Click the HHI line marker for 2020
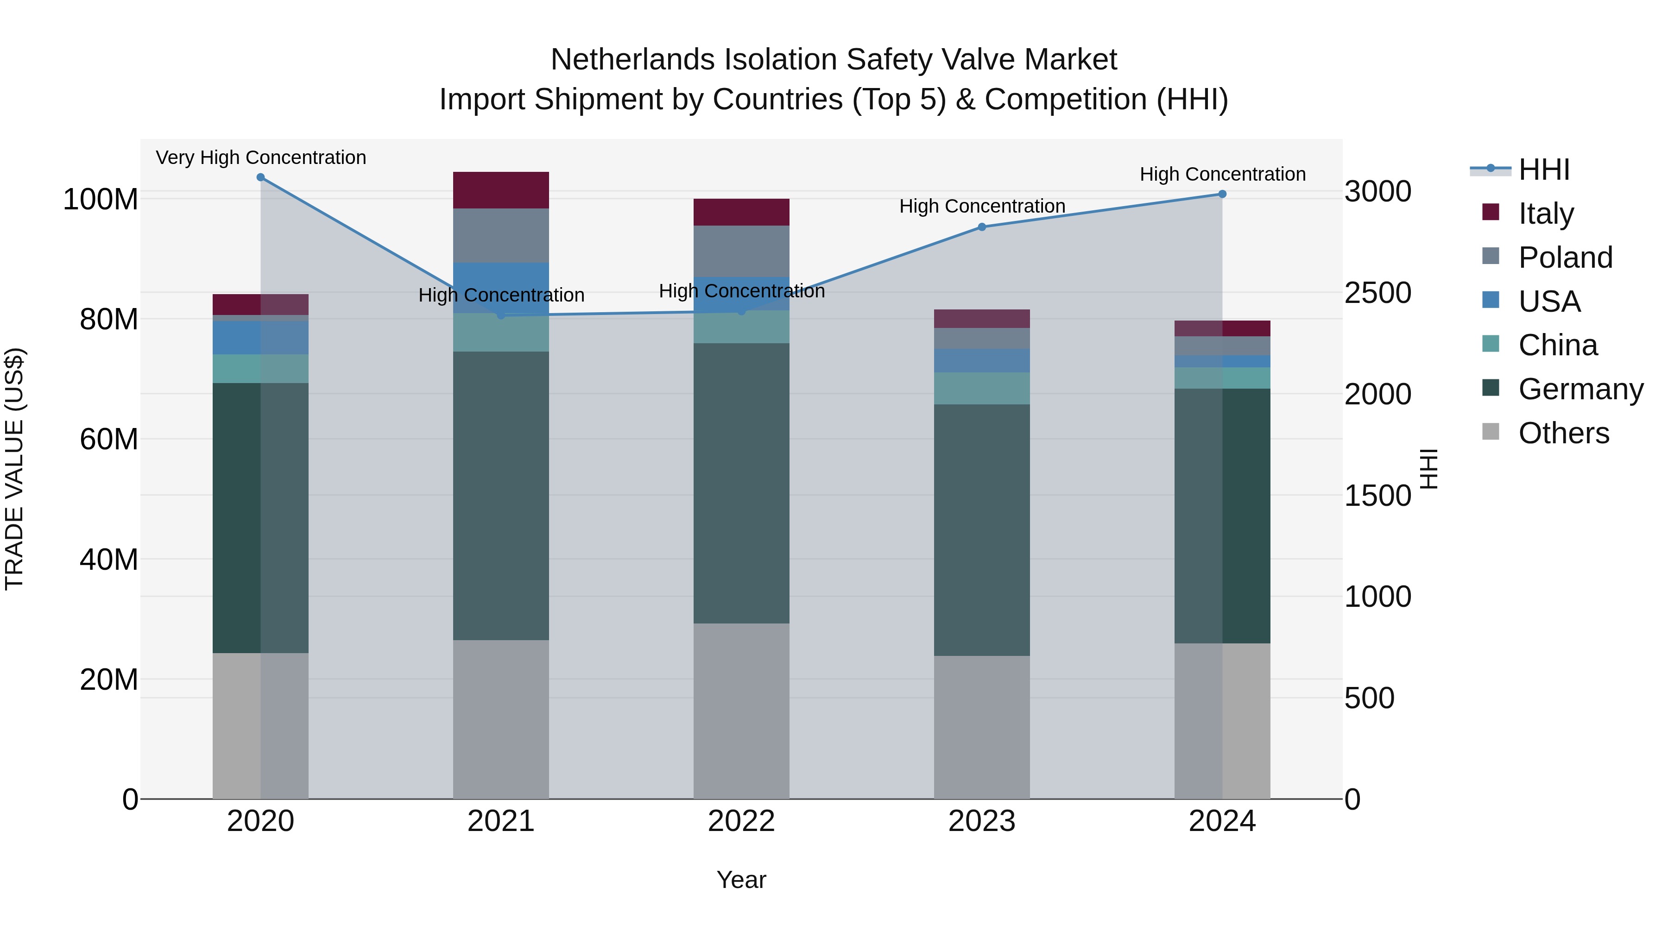coord(260,177)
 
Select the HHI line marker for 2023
coord(982,227)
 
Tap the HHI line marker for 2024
coord(1222,194)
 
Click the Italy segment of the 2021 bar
coord(500,190)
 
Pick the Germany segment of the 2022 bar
coord(741,483)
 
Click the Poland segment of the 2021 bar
coord(500,236)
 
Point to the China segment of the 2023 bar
coord(982,389)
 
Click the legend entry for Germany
coord(1580,389)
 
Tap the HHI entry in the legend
coord(1544,170)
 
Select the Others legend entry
coord(1563,433)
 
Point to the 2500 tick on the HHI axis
coord(1377,293)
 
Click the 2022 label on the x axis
coord(741,821)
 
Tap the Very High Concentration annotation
coord(261,158)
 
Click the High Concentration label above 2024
coord(1222,175)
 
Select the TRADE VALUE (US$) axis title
coord(14,469)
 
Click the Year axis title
coord(741,880)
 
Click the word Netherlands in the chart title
coord(632,60)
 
